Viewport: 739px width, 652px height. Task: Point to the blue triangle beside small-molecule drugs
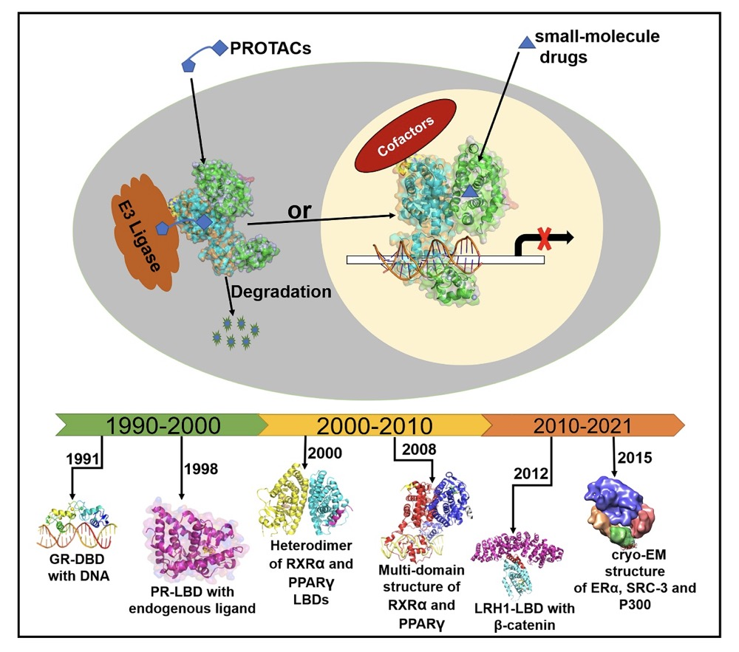click(527, 44)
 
